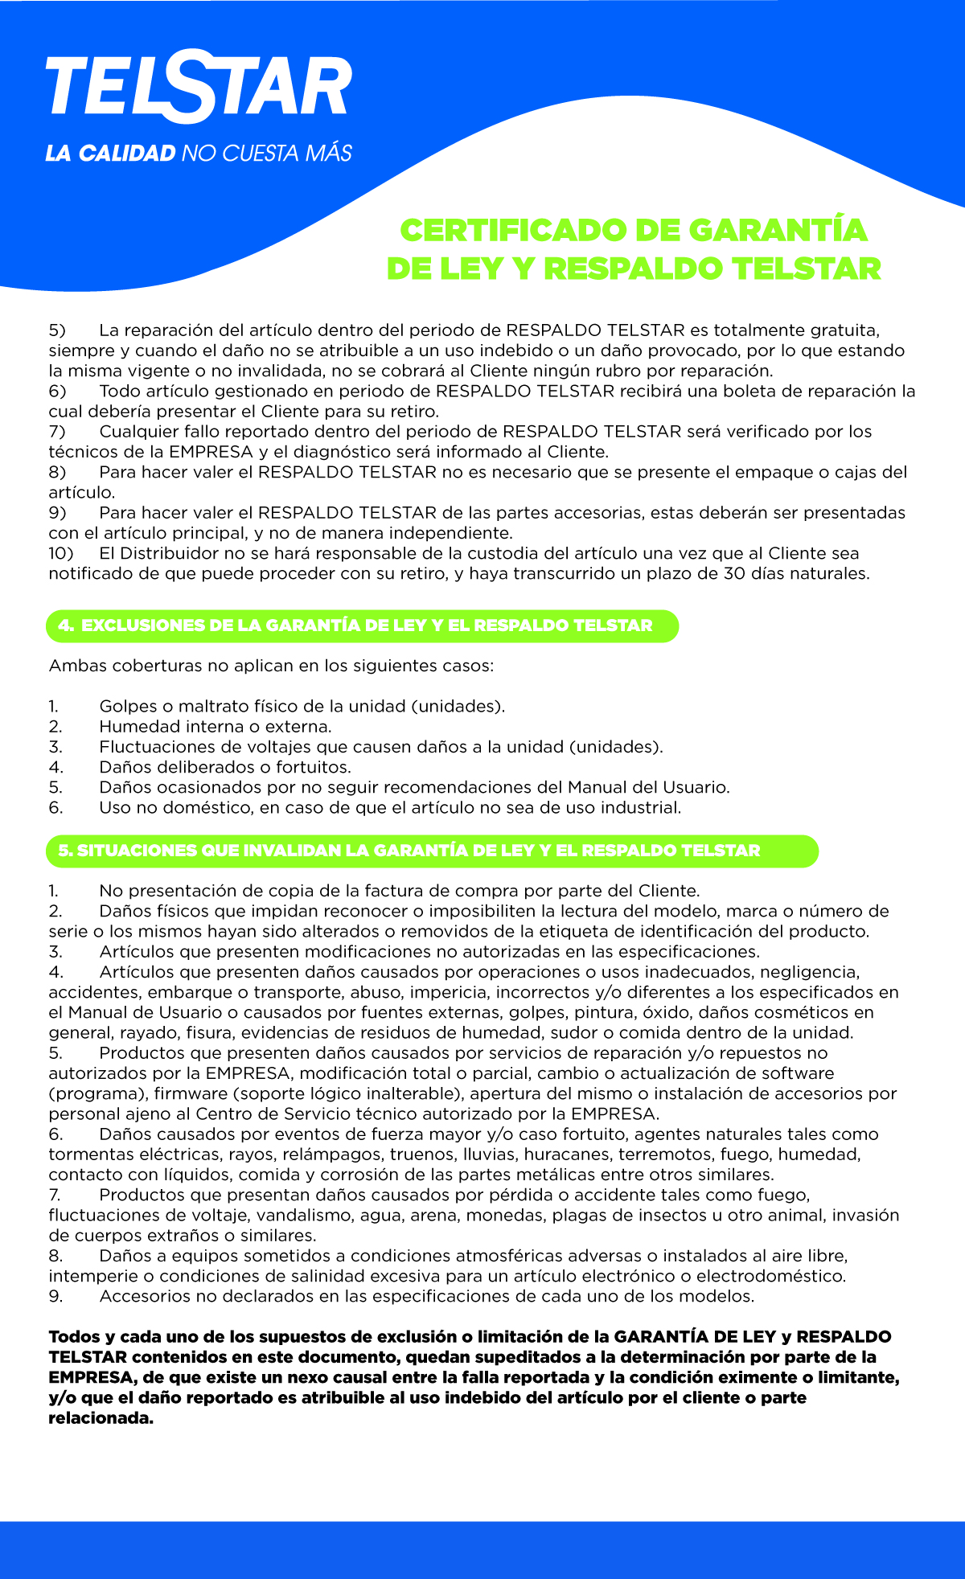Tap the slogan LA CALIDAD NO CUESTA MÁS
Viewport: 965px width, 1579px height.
pos(199,153)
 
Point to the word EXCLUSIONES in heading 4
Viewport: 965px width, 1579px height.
pos(143,625)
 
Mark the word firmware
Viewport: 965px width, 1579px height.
pos(188,1093)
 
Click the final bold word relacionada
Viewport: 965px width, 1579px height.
pos(101,1418)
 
